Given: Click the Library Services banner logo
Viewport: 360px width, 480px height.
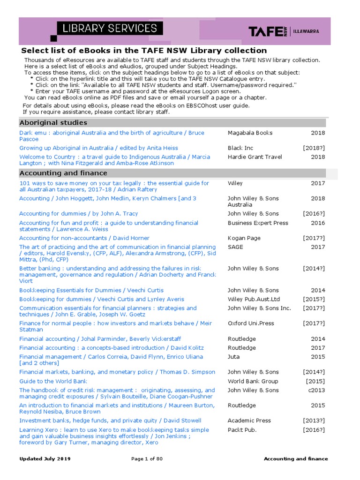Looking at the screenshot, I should [110, 29].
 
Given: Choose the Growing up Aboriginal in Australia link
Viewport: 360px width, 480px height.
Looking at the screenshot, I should [98, 148].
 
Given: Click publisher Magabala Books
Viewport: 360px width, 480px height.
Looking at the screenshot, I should [250, 133].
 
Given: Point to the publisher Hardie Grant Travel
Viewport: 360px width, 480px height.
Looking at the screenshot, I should [255, 157].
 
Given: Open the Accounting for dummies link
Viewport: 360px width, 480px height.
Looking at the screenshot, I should [78, 214].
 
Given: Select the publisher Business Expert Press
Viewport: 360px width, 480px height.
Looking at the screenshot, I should [258, 223].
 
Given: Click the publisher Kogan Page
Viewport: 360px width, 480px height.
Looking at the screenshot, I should [244, 238].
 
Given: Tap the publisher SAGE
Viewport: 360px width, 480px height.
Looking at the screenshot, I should [235, 247].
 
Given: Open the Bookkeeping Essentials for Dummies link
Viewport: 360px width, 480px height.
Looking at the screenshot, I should [91, 291].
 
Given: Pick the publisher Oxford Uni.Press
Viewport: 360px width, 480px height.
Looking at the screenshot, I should [251, 323].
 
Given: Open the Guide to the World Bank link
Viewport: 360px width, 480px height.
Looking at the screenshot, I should [53, 382].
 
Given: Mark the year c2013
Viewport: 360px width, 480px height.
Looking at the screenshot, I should [316, 390].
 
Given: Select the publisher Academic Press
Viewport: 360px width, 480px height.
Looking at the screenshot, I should [249, 421].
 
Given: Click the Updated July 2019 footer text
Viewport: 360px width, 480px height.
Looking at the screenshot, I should [45, 459].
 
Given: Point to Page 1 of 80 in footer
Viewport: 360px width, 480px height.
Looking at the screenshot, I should [147, 459].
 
